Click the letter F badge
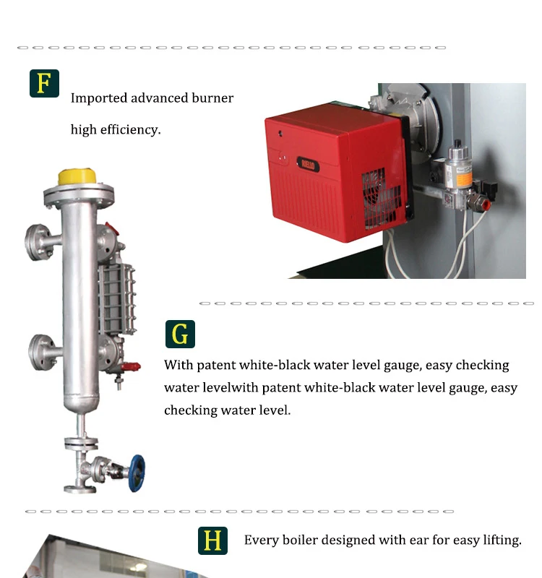(x=44, y=83)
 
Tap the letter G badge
(x=180, y=334)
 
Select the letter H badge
(x=212, y=540)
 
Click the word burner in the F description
(x=212, y=98)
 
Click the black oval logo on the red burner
(x=308, y=165)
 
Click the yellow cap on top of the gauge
(x=77, y=177)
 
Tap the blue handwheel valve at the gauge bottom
(x=137, y=473)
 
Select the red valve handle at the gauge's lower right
(x=131, y=366)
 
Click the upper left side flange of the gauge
(x=38, y=242)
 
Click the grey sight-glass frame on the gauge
(x=117, y=298)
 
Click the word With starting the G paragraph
(x=178, y=365)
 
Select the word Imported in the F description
(x=99, y=98)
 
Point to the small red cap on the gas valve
(x=486, y=204)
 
